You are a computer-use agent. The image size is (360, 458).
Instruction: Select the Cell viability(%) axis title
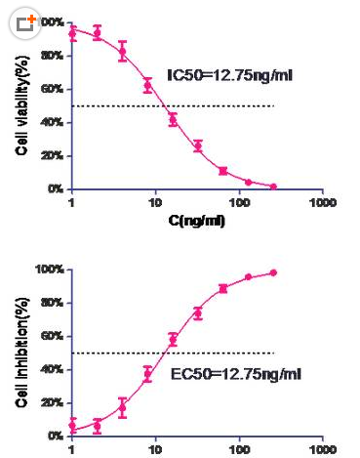pos(20,105)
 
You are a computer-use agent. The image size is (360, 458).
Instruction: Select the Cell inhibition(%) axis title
pos(20,352)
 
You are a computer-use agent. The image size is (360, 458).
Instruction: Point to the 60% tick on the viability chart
pos(54,89)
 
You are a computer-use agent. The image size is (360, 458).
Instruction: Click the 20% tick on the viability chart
pos(54,155)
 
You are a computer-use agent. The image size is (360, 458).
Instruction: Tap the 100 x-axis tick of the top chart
pos(239,202)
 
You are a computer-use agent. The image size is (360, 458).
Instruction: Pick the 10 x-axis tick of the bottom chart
pos(155,451)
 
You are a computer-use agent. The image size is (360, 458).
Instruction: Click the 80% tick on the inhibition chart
pos(54,303)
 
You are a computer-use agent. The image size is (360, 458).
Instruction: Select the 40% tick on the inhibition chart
pos(54,369)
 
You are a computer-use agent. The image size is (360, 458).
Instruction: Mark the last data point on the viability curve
pos(273,186)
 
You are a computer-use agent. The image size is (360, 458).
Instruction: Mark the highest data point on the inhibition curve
pos(273,272)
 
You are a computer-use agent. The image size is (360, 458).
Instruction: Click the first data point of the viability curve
pos(72,33)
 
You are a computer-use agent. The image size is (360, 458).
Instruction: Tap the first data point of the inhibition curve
pos(72,426)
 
